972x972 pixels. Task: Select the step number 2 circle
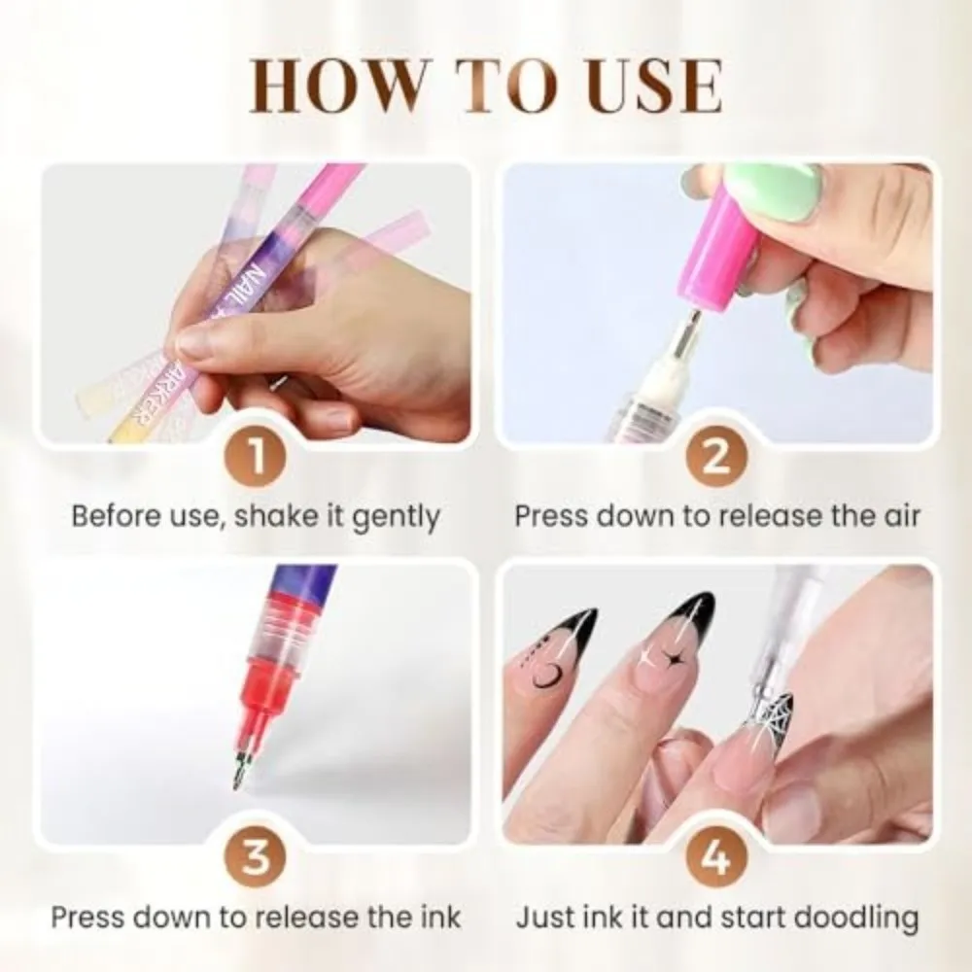[x=716, y=457]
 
